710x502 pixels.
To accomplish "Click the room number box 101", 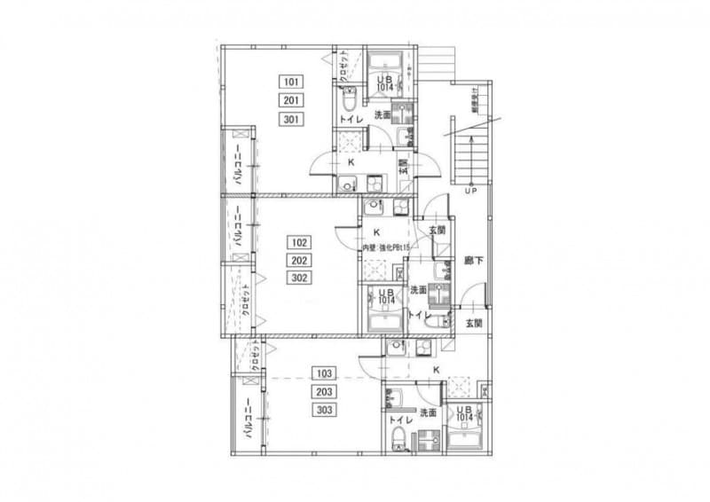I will pos(290,82).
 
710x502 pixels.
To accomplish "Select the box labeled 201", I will pos(290,100).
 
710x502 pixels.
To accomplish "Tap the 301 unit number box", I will pos(290,119).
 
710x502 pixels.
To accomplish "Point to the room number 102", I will pos(299,241).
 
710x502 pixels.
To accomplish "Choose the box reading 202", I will pos(299,260).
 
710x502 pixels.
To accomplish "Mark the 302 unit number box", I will pos(299,278).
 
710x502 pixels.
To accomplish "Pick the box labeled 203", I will pos(323,392).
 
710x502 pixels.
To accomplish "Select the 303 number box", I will pos(323,410).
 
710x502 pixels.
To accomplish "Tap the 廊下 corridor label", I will pos(473,262).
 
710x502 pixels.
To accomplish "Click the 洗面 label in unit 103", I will pos(428,413).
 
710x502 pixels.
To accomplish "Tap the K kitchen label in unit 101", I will pos(351,162).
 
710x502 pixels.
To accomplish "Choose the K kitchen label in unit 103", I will pos(436,369).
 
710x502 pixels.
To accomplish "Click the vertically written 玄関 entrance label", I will pos(403,166).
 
